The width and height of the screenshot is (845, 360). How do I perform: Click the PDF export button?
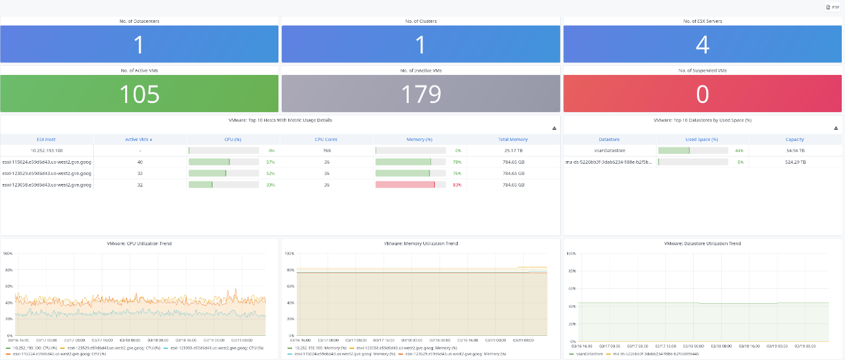(x=833, y=7)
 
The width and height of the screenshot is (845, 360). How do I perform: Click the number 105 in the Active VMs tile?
(x=140, y=94)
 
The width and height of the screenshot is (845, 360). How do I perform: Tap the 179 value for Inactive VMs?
(x=421, y=94)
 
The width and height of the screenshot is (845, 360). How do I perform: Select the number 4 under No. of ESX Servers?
(x=702, y=45)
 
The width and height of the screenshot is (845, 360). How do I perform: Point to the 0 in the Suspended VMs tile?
(x=702, y=94)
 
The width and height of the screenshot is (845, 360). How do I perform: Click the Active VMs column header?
(x=140, y=139)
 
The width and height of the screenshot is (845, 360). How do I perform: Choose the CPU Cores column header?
(x=326, y=139)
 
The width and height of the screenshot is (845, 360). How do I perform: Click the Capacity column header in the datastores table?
(x=794, y=139)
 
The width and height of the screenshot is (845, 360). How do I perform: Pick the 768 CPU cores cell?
(x=326, y=151)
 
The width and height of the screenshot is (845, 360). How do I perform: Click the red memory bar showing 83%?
(x=406, y=185)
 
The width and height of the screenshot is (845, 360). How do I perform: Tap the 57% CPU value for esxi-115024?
(x=271, y=162)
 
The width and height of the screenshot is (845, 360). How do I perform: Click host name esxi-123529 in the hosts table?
(x=46, y=173)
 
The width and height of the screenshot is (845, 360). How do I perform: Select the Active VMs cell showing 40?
(x=140, y=162)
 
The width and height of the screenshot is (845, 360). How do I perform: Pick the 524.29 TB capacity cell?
(x=794, y=162)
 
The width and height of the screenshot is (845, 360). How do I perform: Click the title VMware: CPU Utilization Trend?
(x=140, y=243)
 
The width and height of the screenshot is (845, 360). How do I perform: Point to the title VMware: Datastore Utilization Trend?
(x=702, y=243)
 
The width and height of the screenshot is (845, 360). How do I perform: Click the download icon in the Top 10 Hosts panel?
(x=554, y=128)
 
